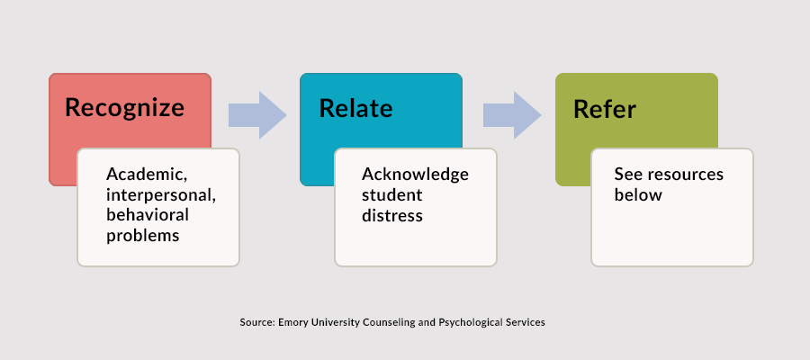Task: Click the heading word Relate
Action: tap(355, 109)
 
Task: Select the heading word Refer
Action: tap(605, 109)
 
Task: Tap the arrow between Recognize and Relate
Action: tap(257, 115)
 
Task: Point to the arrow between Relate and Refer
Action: tap(512, 115)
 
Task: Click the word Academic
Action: tap(147, 175)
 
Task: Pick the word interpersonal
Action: tap(161, 195)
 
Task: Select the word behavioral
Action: tap(148, 214)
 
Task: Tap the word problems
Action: tap(142, 236)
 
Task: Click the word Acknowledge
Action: tap(415, 174)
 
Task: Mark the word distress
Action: tap(392, 215)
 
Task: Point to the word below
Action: tap(638, 194)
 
